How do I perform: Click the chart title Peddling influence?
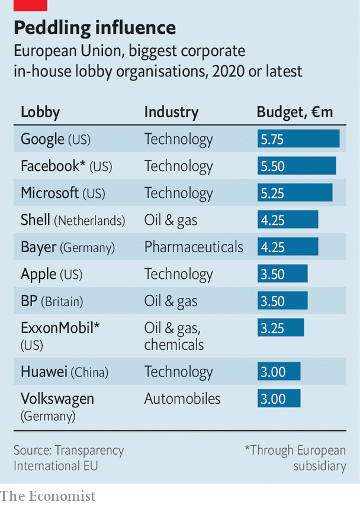click(x=95, y=28)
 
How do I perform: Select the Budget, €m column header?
click(x=294, y=112)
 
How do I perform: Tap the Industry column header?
click(x=171, y=112)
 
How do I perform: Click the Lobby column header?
click(x=40, y=112)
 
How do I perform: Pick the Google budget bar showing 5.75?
click(x=298, y=139)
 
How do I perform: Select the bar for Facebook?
click(x=297, y=166)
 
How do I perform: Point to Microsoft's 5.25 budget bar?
click(x=295, y=193)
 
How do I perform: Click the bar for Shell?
click(x=288, y=220)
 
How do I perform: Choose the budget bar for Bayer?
click(x=288, y=247)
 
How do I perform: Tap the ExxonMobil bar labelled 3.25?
click(x=281, y=327)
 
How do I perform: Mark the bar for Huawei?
click(x=279, y=372)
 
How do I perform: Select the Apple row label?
click(x=52, y=274)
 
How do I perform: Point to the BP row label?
click(x=52, y=301)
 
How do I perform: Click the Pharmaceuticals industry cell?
click(x=194, y=247)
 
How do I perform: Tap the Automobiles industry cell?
click(x=182, y=398)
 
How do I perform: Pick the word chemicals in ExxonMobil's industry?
click(x=174, y=345)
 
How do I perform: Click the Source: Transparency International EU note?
click(x=69, y=458)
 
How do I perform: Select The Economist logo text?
click(x=47, y=496)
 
